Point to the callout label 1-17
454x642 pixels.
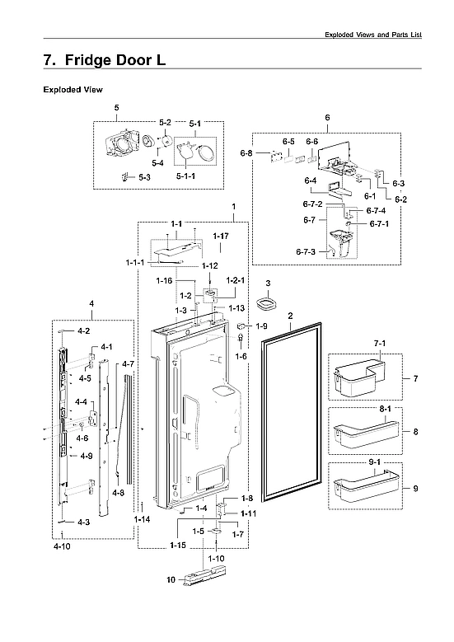[220, 237]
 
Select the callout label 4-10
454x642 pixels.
[62, 546]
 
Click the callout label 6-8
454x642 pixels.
[246, 153]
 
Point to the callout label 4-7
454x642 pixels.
[127, 363]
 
